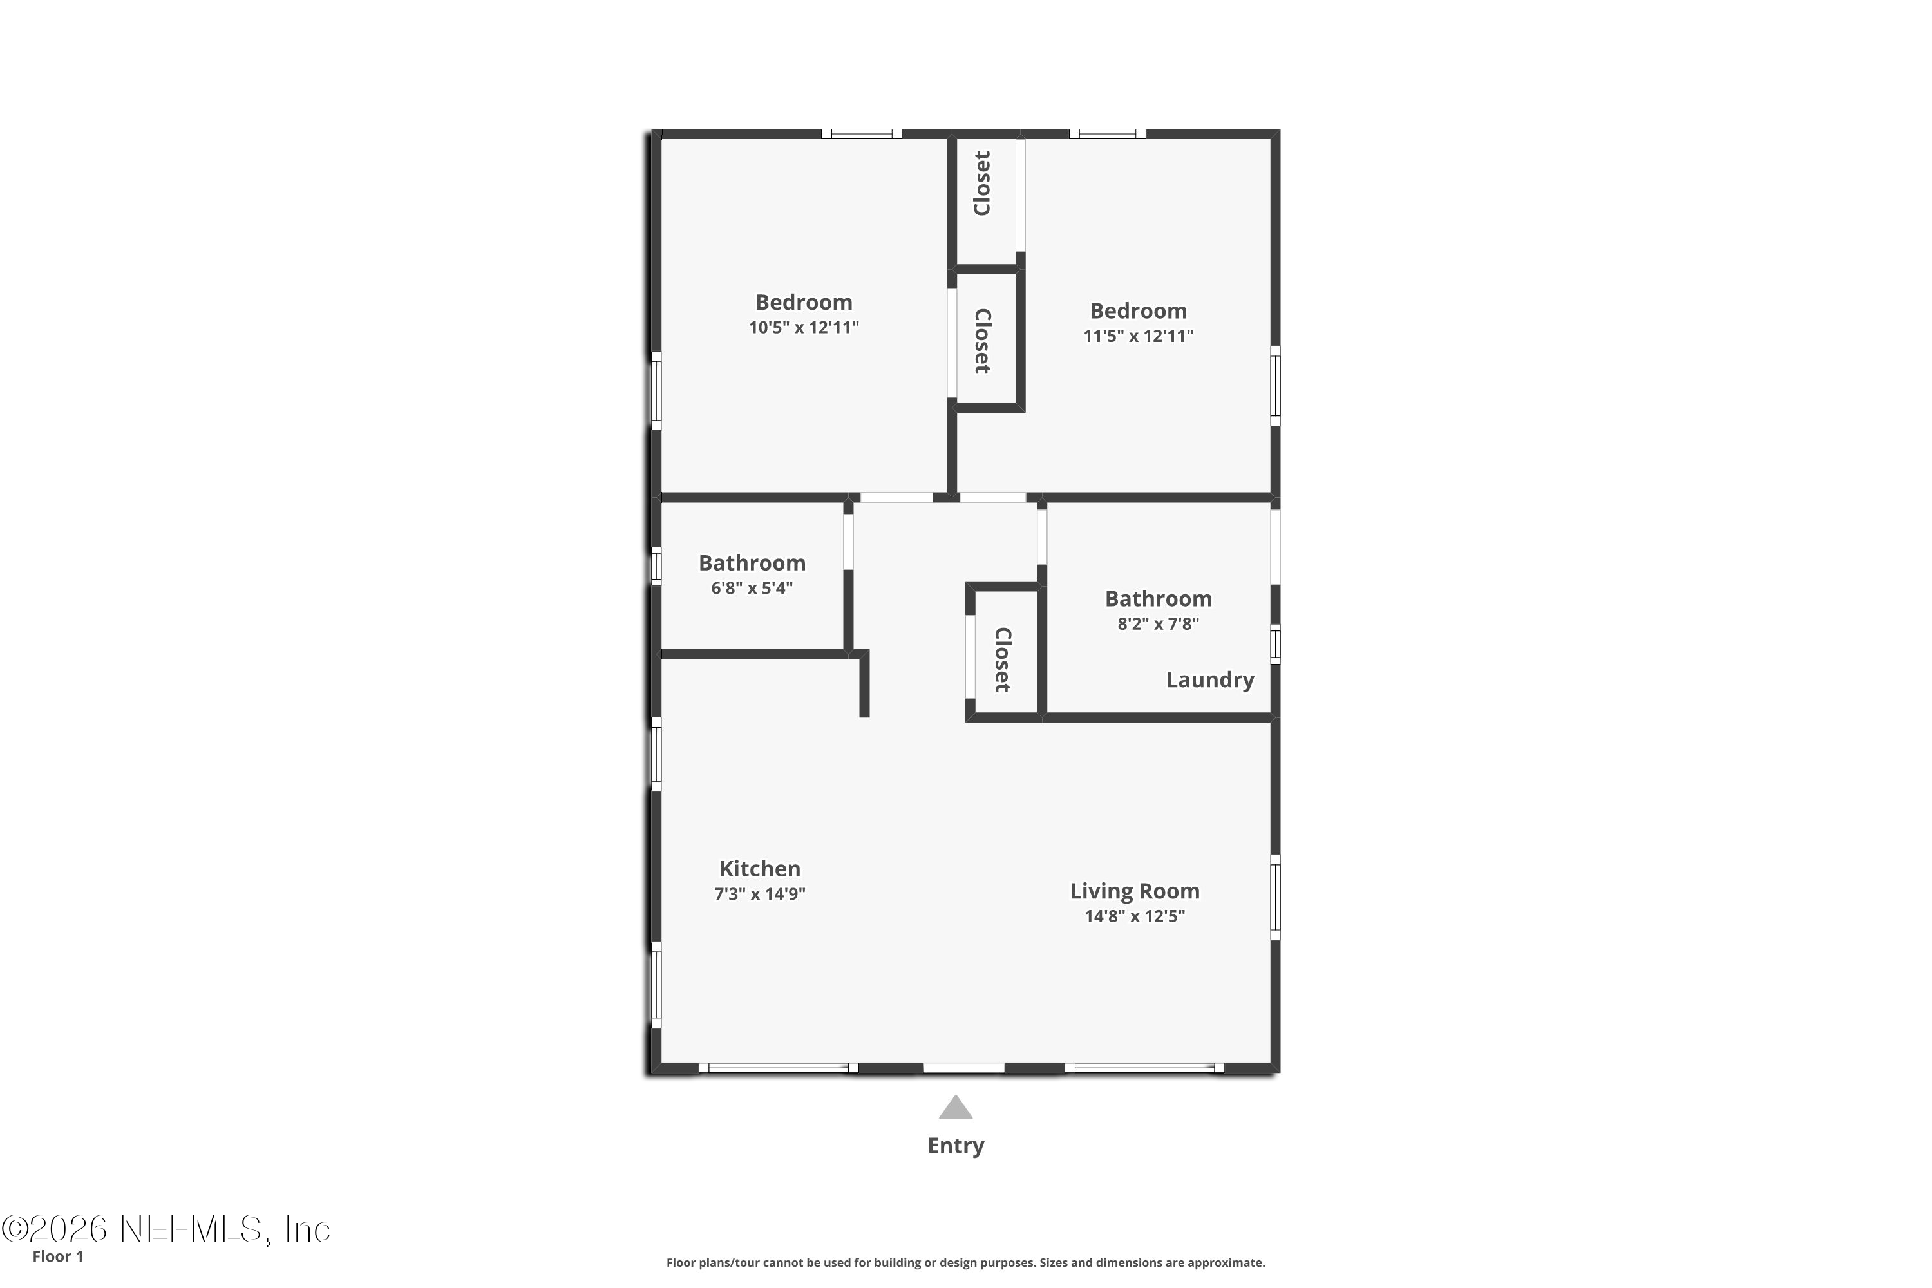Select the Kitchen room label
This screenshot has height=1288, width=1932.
[x=760, y=868]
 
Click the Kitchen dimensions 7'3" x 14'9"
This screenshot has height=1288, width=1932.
[x=760, y=894]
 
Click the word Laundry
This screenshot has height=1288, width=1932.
[x=1210, y=679]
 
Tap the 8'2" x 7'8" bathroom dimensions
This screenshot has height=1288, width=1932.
[x=1158, y=623]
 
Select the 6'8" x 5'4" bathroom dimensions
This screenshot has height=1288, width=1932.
[x=752, y=588]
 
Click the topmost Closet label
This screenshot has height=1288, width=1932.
[x=983, y=183]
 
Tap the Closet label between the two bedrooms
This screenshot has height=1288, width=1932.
[x=983, y=341]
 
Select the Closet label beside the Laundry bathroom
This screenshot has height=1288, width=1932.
[x=1003, y=659]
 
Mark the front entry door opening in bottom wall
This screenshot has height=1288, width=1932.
[x=963, y=1068]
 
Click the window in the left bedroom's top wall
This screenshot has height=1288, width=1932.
[x=861, y=134]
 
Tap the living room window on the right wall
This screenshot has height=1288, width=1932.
[x=1275, y=897]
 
